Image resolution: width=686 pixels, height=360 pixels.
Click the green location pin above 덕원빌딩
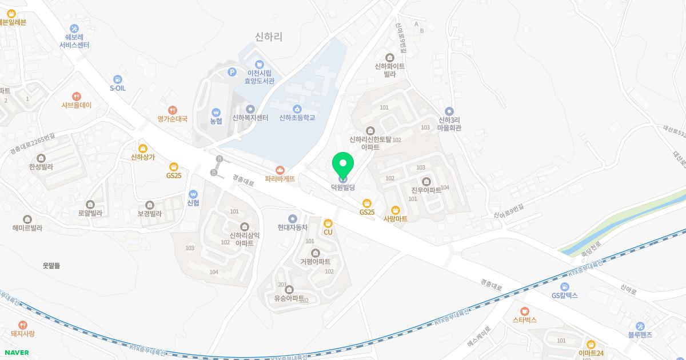click(x=343, y=165)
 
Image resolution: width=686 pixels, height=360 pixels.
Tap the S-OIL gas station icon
click(x=118, y=79)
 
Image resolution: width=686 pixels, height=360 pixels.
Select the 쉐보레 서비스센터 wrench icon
click(x=74, y=29)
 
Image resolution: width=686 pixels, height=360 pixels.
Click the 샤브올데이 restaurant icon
click(x=77, y=97)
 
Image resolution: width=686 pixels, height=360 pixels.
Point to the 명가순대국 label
click(x=172, y=119)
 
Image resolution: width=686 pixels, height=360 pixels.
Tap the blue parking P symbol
click(x=232, y=72)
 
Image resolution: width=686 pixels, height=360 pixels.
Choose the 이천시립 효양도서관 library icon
click(x=260, y=64)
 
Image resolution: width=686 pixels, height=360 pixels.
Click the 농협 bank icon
click(x=216, y=112)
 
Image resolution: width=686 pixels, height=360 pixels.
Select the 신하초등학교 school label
click(x=297, y=118)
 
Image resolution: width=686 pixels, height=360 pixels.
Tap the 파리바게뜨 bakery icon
click(x=280, y=170)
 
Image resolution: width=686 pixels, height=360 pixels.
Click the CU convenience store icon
click(x=328, y=223)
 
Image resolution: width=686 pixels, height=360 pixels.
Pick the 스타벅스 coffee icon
click(x=524, y=311)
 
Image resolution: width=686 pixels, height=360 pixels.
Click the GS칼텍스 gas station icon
click(x=565, y=286)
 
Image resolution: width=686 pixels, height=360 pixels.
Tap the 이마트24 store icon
click(x=591, y=344)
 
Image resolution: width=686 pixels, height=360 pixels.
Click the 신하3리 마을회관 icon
click(x=449, y=111)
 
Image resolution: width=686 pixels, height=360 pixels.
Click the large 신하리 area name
click(x=269, y=37)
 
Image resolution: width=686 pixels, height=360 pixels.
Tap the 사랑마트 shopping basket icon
click(x=395, y=210)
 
